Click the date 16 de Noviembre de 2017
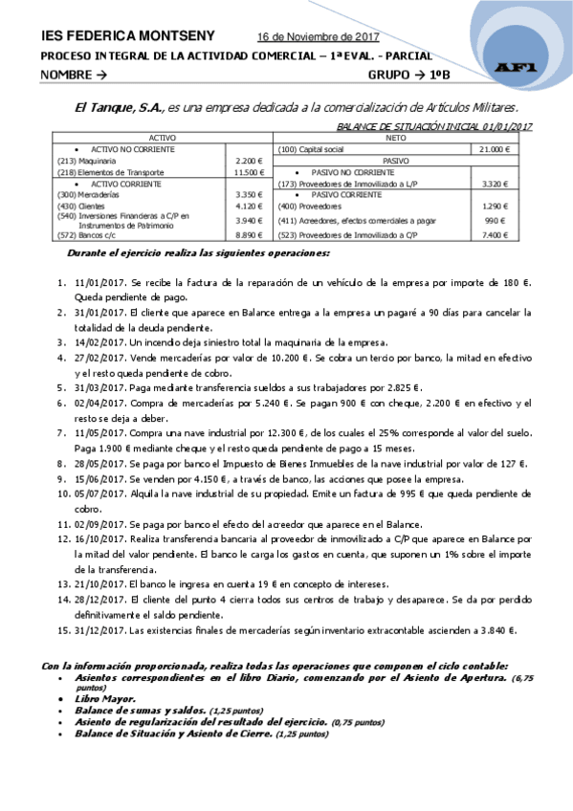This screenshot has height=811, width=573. click(x=319, y=37)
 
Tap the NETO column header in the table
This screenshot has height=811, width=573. click(x=403, y=139)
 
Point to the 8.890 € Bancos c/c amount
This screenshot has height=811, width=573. click(x=246, y=233)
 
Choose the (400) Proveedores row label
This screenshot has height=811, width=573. click(x=307, y=207)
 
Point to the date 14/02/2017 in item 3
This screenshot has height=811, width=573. click(x=99, y=341)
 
